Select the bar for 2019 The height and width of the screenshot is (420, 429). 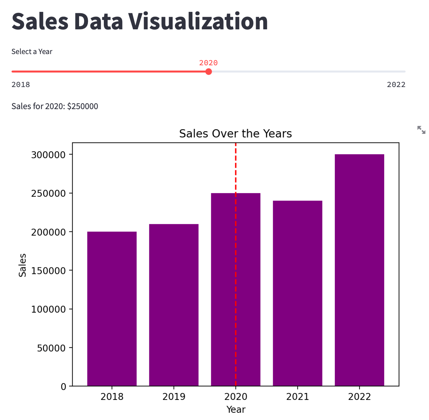point(174,305)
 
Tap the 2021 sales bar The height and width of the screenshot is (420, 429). point(298,293)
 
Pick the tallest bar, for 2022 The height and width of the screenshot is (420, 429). point(359,270)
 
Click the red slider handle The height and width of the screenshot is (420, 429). point(209,72)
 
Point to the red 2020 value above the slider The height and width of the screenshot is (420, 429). point(208,63)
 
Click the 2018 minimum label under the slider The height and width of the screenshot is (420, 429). point(21,85)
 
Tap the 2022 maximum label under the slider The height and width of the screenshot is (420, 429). point(396,85)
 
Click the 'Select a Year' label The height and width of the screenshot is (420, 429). point(32,51)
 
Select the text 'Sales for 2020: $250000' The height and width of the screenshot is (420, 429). point(55,106)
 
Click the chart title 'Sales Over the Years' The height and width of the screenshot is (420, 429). point(235,134)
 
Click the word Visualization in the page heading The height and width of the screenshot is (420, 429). point(198,21)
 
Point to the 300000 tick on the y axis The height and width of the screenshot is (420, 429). point(48,155)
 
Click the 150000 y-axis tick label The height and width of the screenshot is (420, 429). point(48,271)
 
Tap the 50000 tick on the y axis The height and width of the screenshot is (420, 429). point(51,348)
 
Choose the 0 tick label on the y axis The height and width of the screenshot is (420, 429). point(63,387)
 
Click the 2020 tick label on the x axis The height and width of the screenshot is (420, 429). point(236,397)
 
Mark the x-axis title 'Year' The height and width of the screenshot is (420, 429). point(236,409)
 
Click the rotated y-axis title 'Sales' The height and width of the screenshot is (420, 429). point(22,265)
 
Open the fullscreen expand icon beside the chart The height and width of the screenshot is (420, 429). point(421,130)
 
